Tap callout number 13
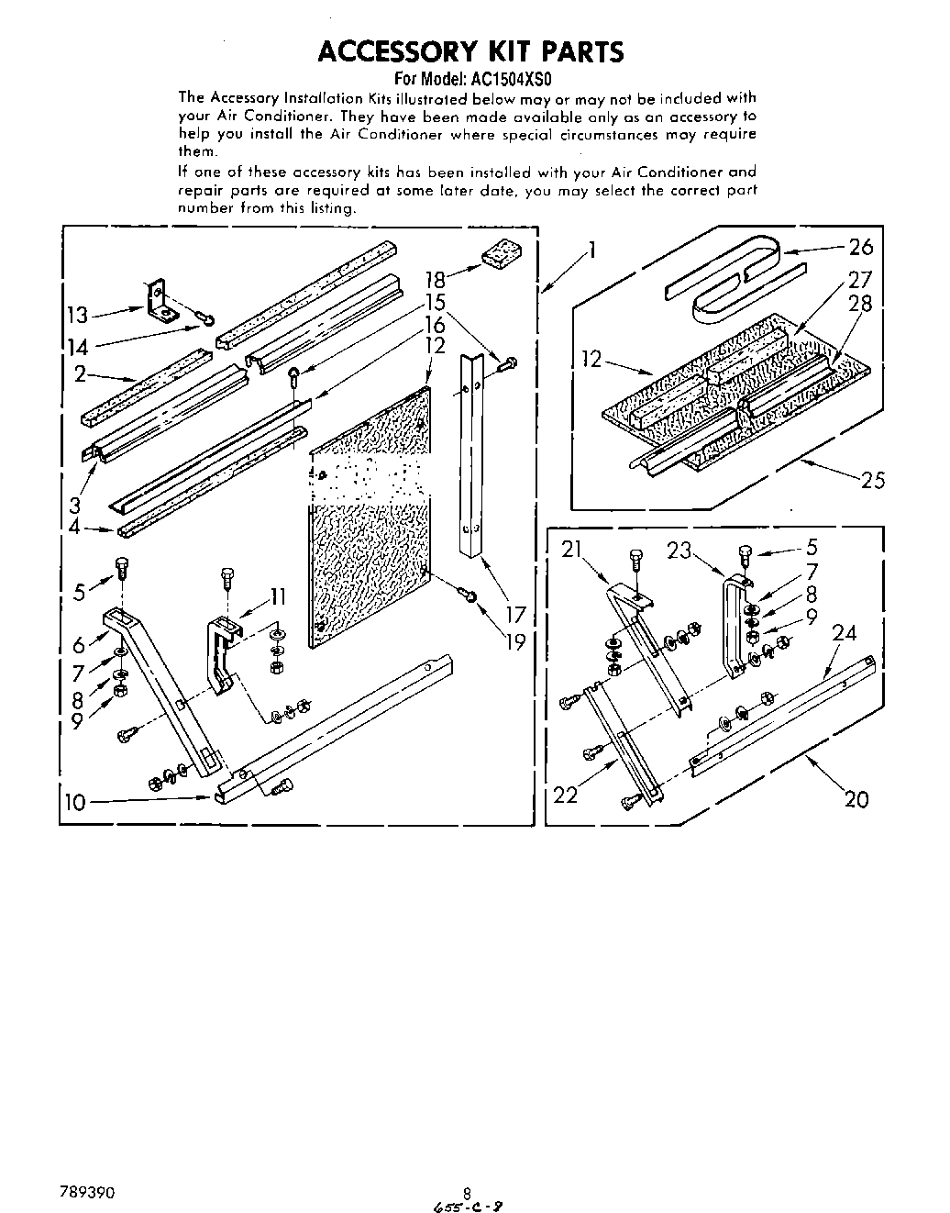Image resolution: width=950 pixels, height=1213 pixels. (78, 316)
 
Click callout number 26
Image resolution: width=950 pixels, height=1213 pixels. (861, 246)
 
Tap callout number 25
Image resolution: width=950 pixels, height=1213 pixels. (872, 479)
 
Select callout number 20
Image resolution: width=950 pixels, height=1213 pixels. (856, 798)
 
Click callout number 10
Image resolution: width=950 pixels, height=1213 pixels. (75, 802)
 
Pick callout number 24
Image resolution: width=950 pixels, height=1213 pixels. (845, 632)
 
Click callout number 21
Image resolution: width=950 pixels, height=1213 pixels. (572, 551)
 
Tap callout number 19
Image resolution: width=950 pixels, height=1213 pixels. (515, 641)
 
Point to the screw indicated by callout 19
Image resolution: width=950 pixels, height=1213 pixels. (470, 597)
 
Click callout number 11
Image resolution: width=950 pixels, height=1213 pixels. (278, 597)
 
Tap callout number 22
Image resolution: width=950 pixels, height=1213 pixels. (566, 795)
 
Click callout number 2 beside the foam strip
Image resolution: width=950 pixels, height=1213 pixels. (81, 373)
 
